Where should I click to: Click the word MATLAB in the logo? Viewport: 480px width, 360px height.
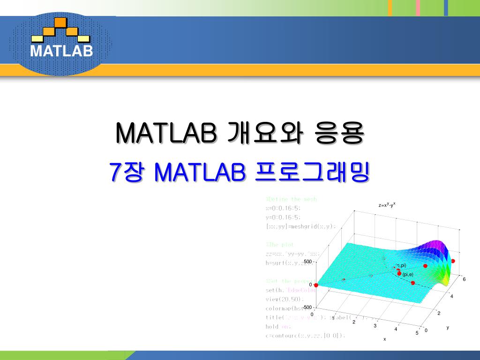(61, 51)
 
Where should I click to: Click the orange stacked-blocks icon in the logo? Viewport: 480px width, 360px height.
(60, 29)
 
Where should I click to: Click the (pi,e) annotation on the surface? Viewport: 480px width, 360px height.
(407, 274)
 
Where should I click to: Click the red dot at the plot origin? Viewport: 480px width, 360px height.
(316, 285)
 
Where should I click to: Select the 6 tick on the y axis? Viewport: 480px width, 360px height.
(464, 279)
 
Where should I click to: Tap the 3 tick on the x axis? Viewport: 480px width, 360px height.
(375, 325)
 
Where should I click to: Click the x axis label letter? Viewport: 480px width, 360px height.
(384, 339)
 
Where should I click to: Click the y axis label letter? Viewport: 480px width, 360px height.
(448, 328)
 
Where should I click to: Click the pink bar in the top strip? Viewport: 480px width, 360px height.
(418, 8)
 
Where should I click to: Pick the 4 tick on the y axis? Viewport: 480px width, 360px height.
(452, 296)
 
